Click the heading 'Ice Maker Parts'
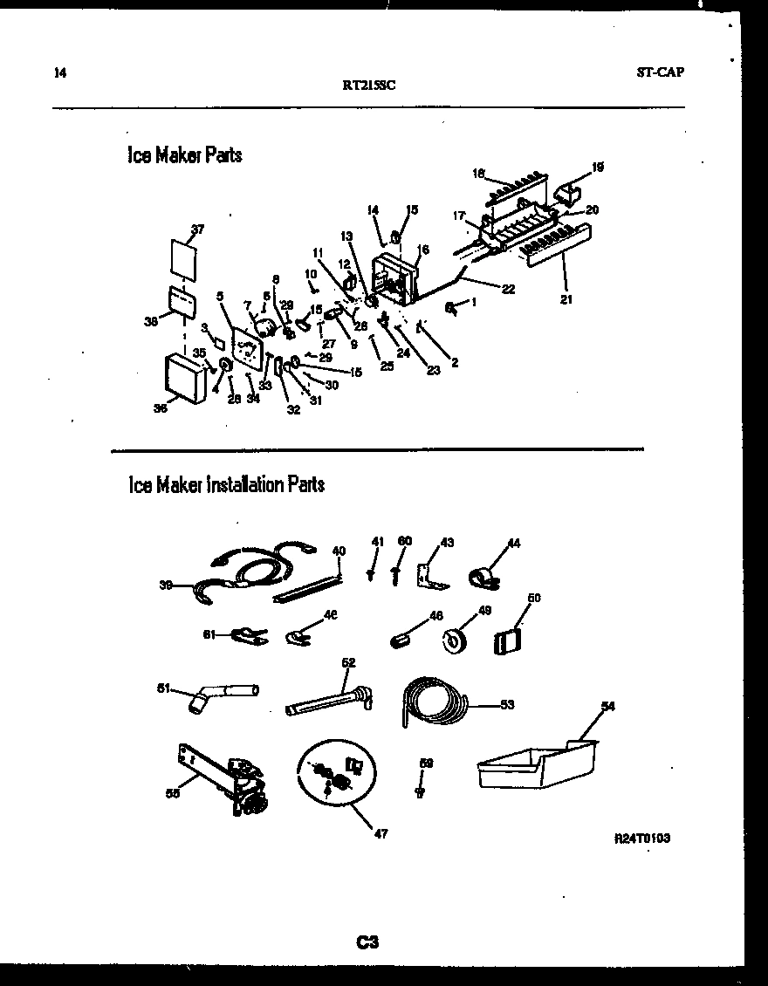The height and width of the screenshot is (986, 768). coord(184,155)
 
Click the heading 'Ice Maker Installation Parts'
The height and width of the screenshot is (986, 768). coord(226,484)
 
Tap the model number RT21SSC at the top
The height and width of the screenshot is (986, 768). coord(369,85)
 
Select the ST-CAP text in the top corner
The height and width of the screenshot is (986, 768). coord(660,72)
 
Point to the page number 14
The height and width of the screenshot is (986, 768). coord(59,72)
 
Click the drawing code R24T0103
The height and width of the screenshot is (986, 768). coord(641,838)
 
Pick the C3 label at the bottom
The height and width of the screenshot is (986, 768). coord(367,941)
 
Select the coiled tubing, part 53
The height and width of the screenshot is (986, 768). coord(434,698)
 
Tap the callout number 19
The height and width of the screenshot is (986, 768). coord(598,166)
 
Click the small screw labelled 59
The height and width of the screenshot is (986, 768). coord(421,791)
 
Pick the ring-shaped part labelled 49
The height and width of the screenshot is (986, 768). coord(453,641)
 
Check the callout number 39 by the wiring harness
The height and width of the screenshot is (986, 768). coord(164,586)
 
